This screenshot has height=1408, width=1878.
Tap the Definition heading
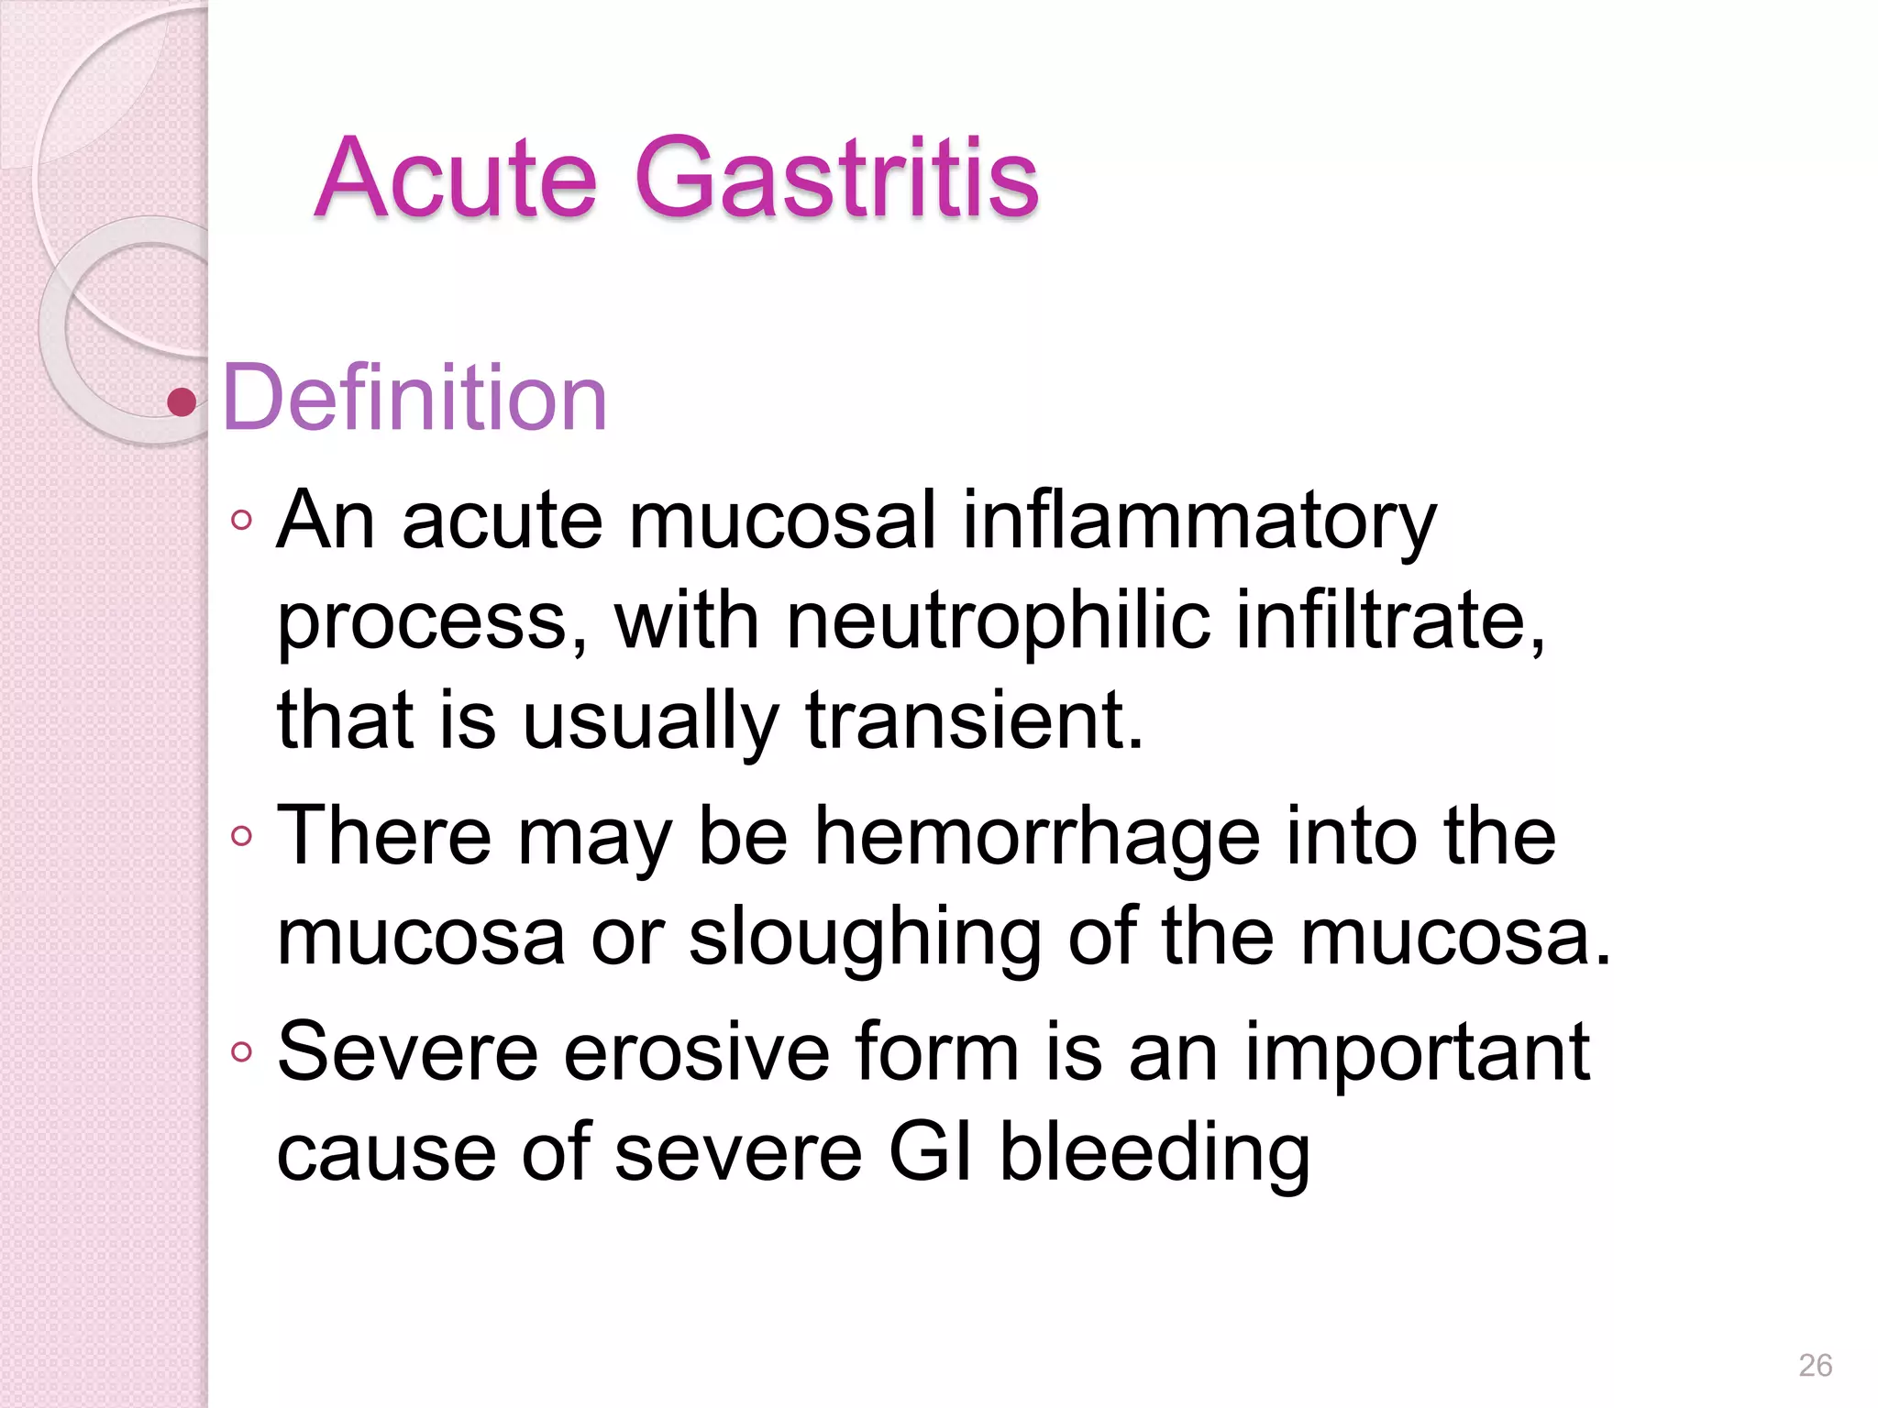click(414, 398)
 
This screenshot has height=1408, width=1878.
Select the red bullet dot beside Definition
click(182, 401)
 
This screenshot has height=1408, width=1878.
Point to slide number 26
click(1815, 1365)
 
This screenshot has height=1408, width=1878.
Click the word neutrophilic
click(998, 621)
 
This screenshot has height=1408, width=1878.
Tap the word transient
click(975, 720)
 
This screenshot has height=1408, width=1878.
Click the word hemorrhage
click(1036, 836)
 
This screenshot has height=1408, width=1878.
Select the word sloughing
click(865, 937)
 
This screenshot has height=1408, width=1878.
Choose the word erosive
click(696, 1051)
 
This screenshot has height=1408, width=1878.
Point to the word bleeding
click(1154, 1154)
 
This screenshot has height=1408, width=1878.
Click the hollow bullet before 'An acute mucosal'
click(242, 521)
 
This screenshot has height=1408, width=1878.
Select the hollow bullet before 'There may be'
click(242, 836)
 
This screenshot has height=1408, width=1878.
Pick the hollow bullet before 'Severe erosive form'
click(242, 1051)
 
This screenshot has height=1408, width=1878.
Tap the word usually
click(650, 721)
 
